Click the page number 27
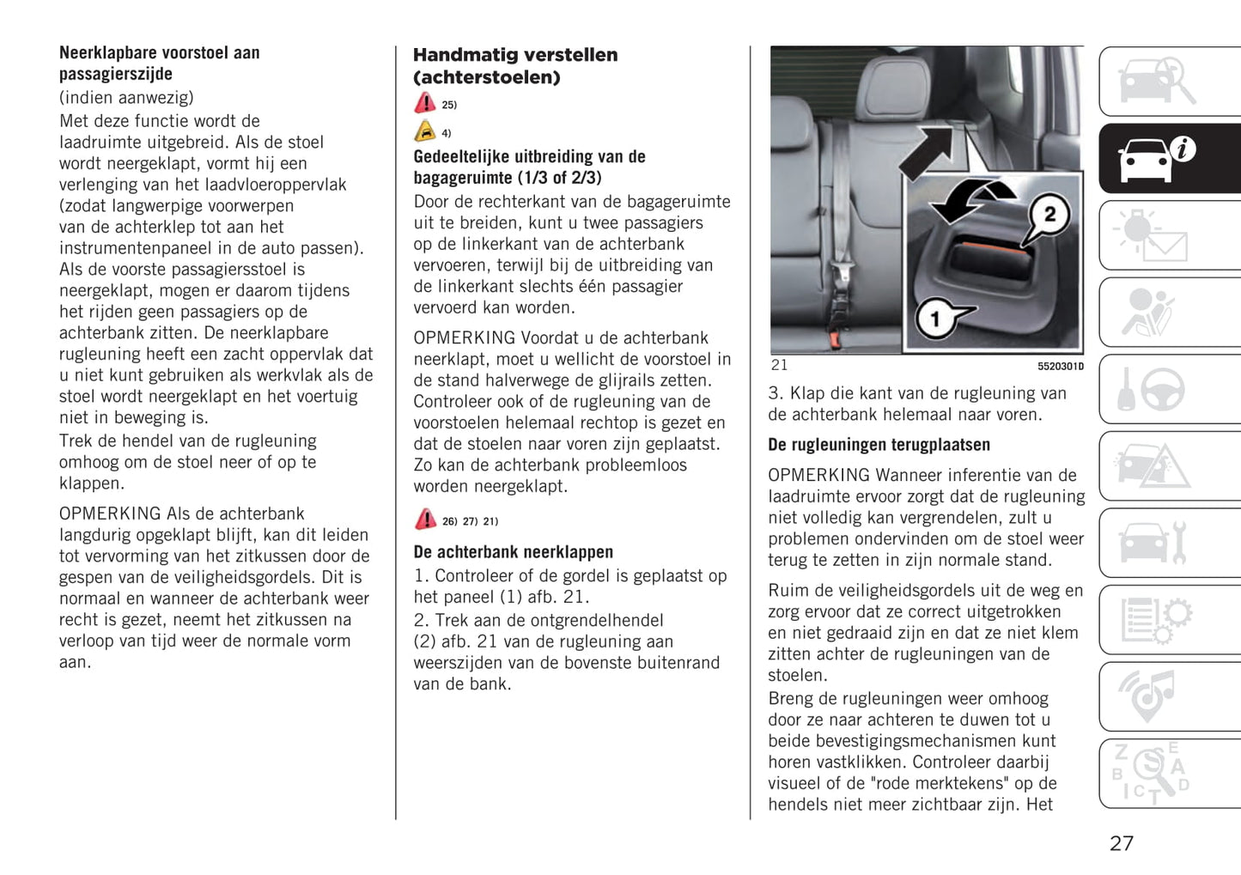tap(1121, 843)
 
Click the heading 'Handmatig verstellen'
tap(514, 55)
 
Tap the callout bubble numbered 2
tap(1049, 214)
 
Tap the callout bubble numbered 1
tap(936, 319)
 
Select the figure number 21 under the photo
tap(779, 365)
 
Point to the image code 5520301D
tap(1060, 367)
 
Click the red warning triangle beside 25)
tap(425, 104)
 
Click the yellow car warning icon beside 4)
tap(425, 131)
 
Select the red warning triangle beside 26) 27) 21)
tap(425, 520)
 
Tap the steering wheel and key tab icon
tap(1152, 390)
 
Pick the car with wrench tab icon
tap(1152, 543)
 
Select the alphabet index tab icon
tap(1150, 773)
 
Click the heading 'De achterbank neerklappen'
tap(513, 552)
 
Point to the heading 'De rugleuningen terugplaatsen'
tap(879, 445)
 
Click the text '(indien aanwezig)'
tap(126, 97)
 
